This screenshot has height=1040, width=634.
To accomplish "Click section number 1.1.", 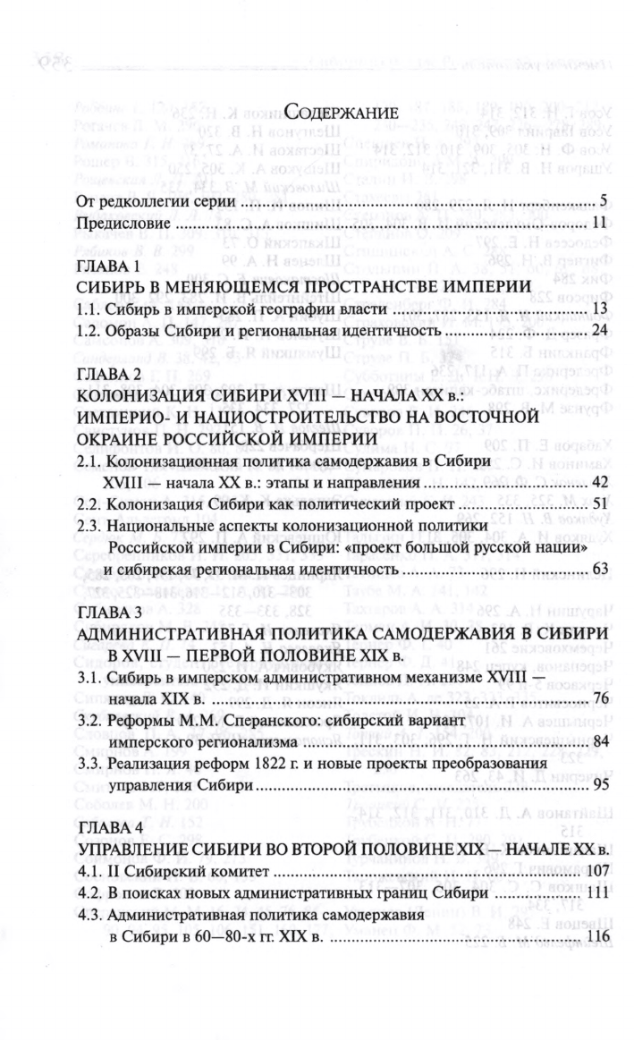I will coord(91,309).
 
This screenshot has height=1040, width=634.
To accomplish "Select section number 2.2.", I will coord(91,507).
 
